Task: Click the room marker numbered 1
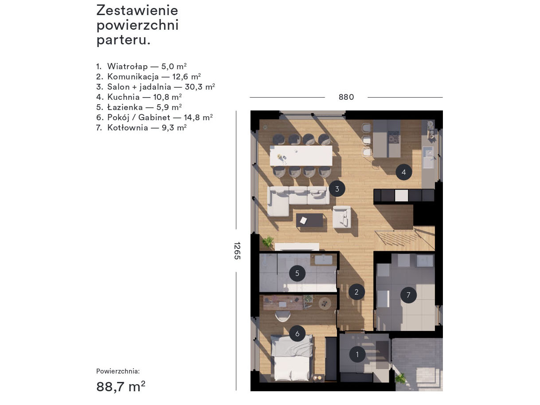357,354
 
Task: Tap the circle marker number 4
404,172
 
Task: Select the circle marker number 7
408,295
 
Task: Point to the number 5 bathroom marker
297,273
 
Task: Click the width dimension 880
346,97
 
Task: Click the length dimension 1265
237,251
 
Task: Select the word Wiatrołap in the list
127,67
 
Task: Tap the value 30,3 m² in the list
200,87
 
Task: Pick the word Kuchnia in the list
124,97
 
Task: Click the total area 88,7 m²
121,386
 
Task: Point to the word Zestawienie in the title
137,11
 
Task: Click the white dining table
301,156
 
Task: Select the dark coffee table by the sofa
309,220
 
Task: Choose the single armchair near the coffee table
342,217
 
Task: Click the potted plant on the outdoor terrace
400,378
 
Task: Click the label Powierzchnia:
118,371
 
